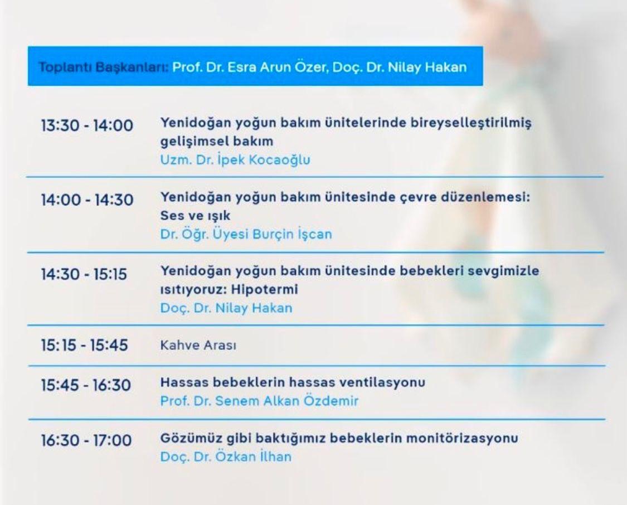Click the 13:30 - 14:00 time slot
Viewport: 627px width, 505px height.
87,125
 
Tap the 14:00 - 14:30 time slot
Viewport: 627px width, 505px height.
87,200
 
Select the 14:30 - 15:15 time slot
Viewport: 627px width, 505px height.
84,274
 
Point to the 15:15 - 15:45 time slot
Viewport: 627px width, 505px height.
84,345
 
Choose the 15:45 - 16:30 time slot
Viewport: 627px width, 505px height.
86,385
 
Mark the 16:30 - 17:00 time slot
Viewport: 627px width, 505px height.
86,440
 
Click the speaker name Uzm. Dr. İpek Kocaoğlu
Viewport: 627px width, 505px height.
235,160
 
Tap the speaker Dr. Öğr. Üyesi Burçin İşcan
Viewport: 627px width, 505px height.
246,234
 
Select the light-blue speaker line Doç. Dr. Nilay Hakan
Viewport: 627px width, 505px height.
226,308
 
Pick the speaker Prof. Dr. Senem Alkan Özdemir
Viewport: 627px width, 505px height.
259,401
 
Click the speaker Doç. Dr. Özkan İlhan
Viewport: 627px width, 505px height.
226,456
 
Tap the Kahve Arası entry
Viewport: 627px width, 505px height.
198,345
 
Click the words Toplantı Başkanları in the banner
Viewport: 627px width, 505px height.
104,67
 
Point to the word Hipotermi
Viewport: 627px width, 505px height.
265,289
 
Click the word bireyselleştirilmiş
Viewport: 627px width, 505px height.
471,123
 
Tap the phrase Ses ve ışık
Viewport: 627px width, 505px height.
195,216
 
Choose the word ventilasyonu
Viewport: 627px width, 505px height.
382,382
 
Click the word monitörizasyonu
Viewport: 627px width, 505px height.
462,438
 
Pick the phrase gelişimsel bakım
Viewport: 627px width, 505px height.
217,142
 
